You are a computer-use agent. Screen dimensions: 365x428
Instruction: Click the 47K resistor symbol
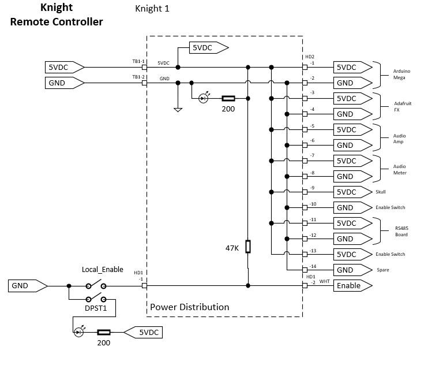pyautogui.click(x=248, y=247)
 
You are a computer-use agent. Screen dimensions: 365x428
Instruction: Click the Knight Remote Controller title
pyautogui.click(x=57, y=15)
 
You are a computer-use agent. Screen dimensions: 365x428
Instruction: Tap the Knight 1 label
pyautogui.click(x=152, y=9)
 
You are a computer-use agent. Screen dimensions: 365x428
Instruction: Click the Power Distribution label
pyautogui.click(x=190, y=307)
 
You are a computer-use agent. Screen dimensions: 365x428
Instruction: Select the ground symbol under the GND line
pyautogui.click(x=178, y=109)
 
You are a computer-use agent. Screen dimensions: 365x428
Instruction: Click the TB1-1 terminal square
pyautogui.click(x=144, y=68)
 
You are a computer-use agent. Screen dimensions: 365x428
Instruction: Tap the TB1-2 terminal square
pyautogui.click(x=144, y=83)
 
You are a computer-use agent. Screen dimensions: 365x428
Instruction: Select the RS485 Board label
pyautogui.click(x=401, y=231)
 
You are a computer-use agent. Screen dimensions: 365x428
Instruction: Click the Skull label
pyautogui.click(x=380, y=192)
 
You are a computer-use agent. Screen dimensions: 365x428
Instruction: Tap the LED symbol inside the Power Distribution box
pyautogui.click(x=203, y=98)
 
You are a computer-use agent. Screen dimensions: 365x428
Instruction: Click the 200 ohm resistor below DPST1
pyautogui.click(x=104, y=332)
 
